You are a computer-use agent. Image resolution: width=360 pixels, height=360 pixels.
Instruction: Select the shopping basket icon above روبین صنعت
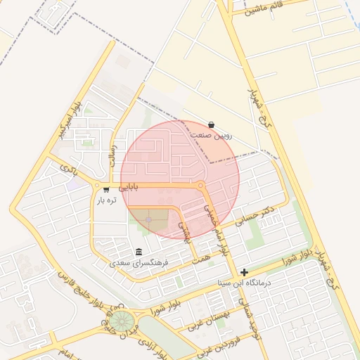[211, 124]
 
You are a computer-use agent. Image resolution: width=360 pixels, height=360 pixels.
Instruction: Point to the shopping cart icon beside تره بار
[106, 189]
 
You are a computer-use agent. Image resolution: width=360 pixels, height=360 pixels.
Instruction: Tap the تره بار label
[105, 200]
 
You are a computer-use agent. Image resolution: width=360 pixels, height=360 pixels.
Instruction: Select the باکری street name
[67, 169]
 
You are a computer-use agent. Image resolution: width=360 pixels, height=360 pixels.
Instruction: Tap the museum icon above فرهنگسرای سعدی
[139, 252]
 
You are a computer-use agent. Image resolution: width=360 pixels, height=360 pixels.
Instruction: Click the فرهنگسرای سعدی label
[139, 262]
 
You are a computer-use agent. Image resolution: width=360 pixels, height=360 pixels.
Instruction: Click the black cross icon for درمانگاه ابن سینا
[244, 272]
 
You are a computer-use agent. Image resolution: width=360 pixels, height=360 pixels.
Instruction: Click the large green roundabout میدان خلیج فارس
[123, 323]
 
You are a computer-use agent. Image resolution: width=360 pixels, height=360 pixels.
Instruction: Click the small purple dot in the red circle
[148, 220]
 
